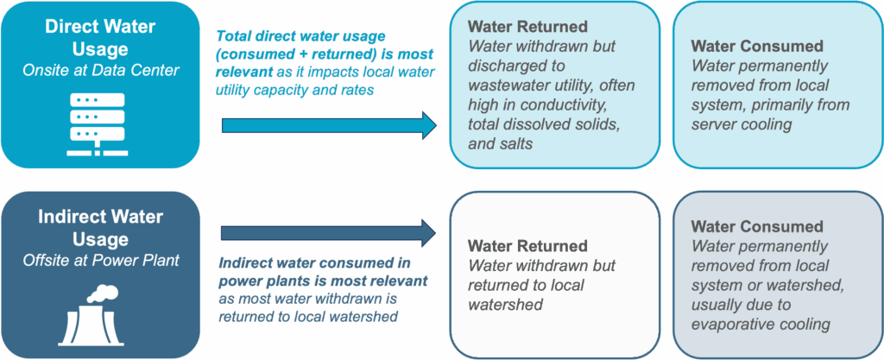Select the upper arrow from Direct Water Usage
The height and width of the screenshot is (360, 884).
tap(329, 125)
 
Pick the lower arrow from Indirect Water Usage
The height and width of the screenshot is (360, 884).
tap(329, 232)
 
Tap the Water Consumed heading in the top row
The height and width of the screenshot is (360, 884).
tap(758, 47)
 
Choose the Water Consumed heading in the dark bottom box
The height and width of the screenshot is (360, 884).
tap(756, 228)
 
